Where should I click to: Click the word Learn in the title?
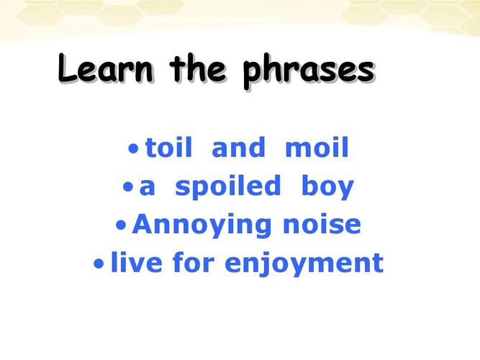pos(106,68)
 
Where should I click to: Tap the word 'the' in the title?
pos(199,68)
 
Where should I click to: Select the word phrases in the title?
pos(309,72)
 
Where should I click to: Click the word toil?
pos(169,148)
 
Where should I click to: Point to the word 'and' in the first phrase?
pos(238,148)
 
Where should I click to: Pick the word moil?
pos(317,148)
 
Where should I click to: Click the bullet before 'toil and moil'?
pos(133,149)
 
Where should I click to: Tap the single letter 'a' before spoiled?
pos(148,187)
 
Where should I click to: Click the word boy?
pos(328,187)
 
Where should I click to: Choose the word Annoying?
pos(201,226)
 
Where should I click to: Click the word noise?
pos(322,224)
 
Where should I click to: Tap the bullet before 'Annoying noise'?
pos(121,225)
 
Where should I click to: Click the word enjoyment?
pos(304,264)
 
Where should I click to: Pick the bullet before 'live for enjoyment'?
pos(99,264)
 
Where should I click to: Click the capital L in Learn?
pos(68,68)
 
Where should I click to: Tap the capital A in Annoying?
pos(144,224)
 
